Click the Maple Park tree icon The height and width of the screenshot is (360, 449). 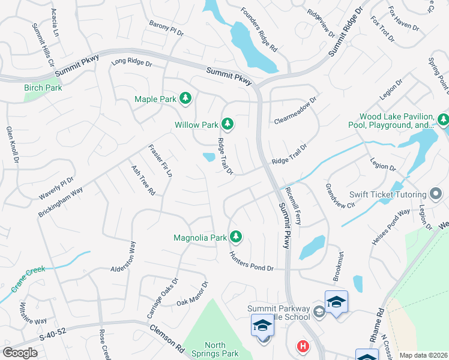[x=185, y=98]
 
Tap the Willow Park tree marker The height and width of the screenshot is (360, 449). [x=227, y=124]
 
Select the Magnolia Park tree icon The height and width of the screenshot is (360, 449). [x=237, y=238]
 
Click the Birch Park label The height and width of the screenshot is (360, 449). [x=43, y=88]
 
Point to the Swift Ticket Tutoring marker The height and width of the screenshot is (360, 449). [x=436, y=194]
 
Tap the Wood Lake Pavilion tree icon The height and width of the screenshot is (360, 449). [x=443, y=119]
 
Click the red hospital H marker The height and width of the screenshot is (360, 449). [x=304, y=347]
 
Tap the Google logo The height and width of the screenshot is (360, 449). [x=20, y=352]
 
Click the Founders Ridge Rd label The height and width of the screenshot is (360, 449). [x=259, y=28]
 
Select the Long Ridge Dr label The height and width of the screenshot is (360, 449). [x=132, y=62]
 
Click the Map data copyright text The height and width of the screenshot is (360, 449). [x=423, y=355]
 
